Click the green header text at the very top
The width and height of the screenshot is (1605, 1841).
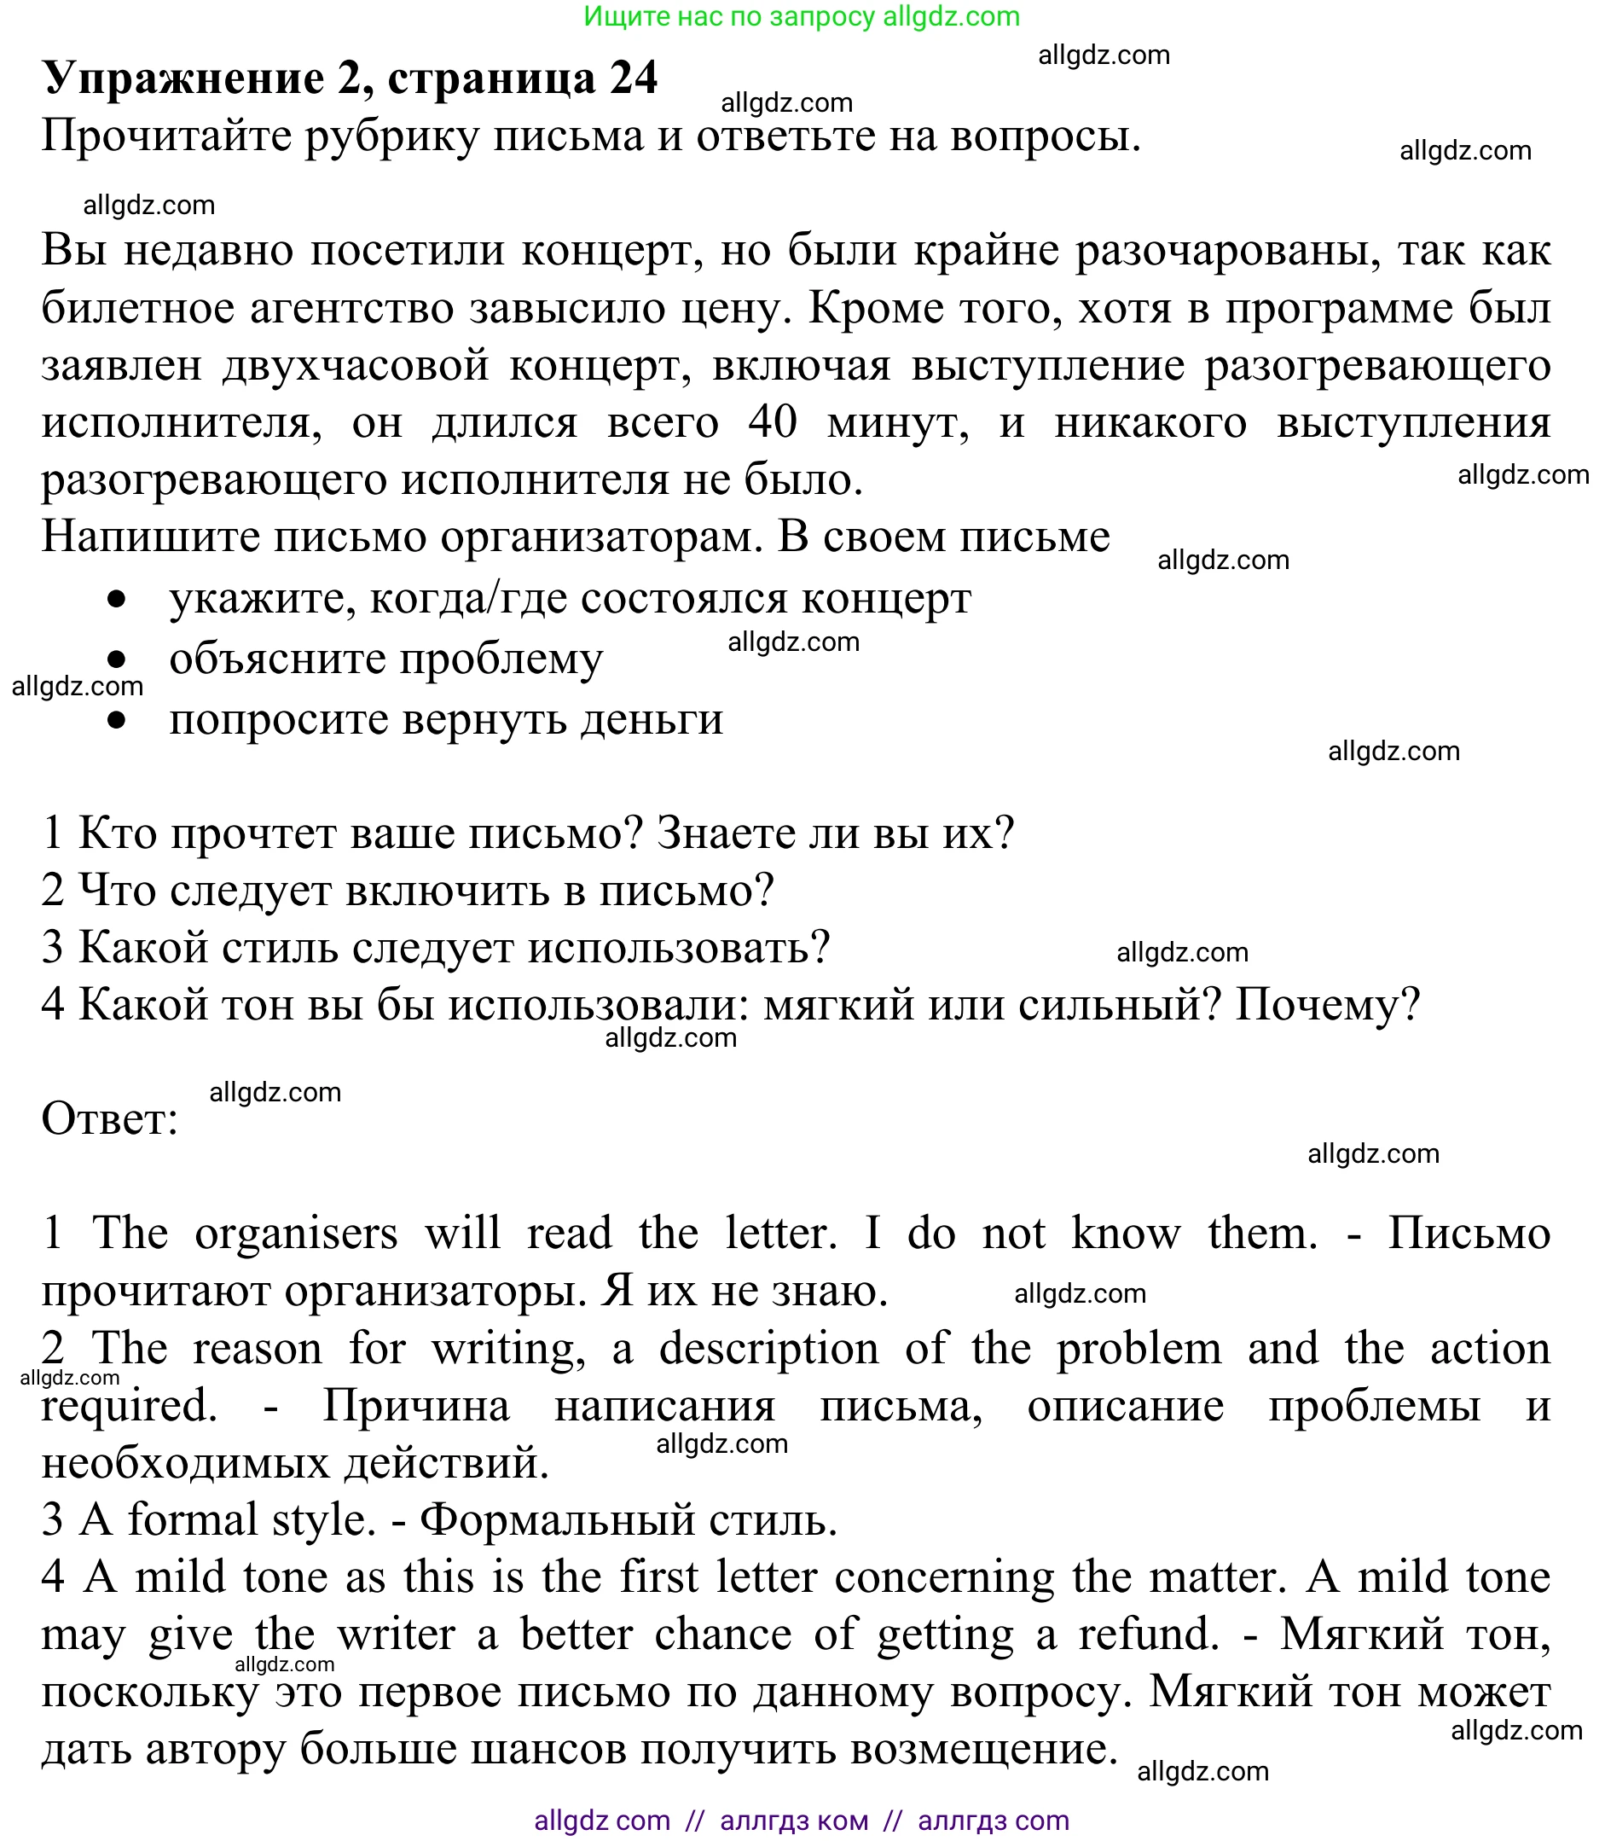pyautogui.click(x=802, y=16)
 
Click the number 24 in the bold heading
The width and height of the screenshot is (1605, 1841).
pyautogui.click(x=634, y=78)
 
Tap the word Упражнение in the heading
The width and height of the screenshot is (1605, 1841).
pyautogui.click(x=183, y=78)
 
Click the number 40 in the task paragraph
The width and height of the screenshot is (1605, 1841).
pyautogui.click(x=772, y=422)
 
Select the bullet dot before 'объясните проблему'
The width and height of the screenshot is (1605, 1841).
pyautogui.click(x=117, y=659)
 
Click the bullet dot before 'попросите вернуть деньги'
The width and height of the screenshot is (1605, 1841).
pyautogui.click(x=117, y=720)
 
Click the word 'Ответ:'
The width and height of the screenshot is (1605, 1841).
pyautogui.click(x=110, y=1119)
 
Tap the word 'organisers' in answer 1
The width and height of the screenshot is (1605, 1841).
pyautogui.click(x=296, y=1234)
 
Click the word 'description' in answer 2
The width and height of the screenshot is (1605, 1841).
pyautogui.click(x=768, y=1348)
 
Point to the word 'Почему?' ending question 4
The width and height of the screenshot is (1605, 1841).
pyautogui.click(x=1327, y=1004)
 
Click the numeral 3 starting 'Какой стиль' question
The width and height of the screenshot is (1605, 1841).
pyautogui.click(x=53, y=948)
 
